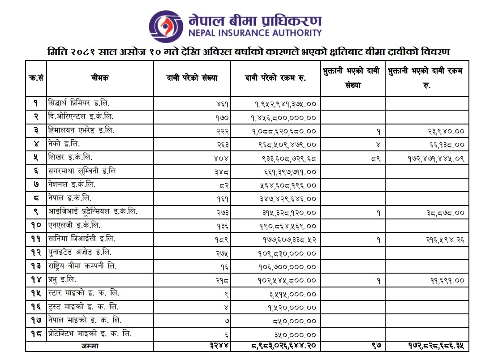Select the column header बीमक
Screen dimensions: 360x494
(x=100, y=78)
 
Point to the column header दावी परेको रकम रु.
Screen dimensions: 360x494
(x=275, y=78)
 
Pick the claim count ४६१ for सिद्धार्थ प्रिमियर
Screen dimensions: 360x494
(x=221, y=104)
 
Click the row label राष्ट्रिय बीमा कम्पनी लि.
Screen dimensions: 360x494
(x=82, y=266)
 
